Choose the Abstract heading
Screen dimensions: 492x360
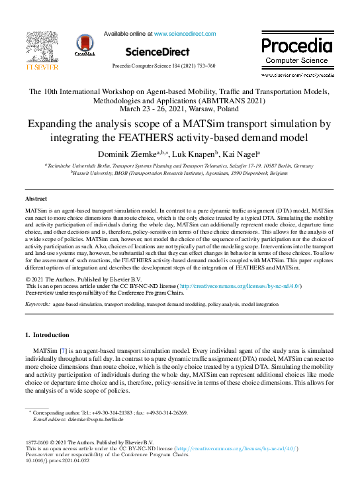click(36, 199)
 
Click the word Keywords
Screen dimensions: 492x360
click(36, 304)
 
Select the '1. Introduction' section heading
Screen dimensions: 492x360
click(46, 335)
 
